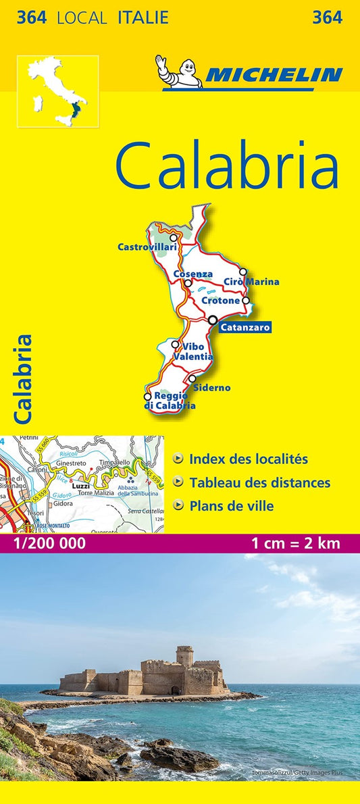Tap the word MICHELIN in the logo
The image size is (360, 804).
273,75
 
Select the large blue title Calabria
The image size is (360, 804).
226,167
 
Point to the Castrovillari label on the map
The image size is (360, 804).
147,247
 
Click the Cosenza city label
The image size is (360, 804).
193,274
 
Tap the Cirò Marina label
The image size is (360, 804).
251,282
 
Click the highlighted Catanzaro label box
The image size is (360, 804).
245,328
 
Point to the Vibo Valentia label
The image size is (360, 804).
193,351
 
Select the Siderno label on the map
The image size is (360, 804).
211,388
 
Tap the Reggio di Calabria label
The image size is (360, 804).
170,401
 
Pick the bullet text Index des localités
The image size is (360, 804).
249,459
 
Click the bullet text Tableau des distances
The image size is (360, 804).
260,482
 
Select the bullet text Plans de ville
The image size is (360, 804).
232,505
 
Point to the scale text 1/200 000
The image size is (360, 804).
45,543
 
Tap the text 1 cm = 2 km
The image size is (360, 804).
295,543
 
